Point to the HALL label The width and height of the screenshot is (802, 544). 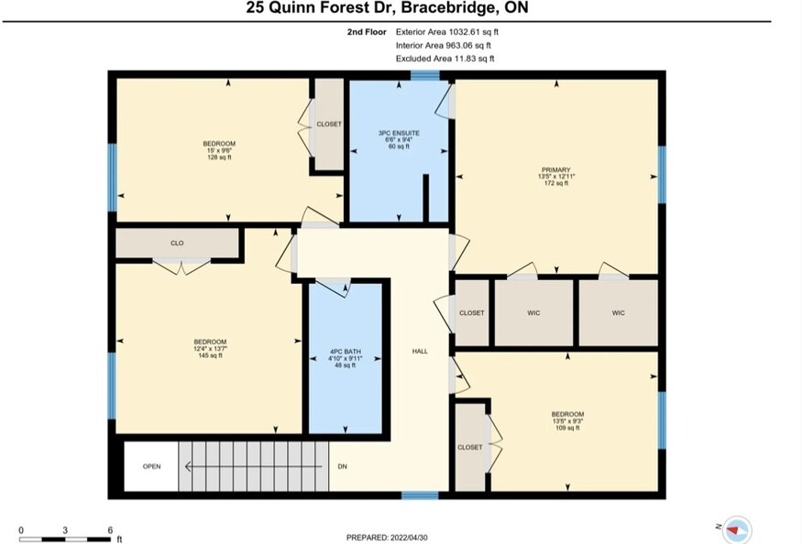[420, 352]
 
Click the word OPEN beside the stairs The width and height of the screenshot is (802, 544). [151, 466]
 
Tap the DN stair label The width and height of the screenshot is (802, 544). [342, 466]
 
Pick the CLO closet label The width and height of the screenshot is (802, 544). [177, 243]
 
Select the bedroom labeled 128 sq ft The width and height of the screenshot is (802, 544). [219, 150]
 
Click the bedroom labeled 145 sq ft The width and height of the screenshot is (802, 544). [210, 349]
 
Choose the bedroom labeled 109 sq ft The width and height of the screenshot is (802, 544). [567, 420]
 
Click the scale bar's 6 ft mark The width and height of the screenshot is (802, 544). [110, 530]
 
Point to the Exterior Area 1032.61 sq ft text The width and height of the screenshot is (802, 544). [447, 32]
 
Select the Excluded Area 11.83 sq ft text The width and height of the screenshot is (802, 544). [445, 59]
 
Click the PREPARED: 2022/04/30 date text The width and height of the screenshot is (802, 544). [387, 538]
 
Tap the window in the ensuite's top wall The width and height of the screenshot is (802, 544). [425, 76]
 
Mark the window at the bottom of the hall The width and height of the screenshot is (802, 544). [420, 495]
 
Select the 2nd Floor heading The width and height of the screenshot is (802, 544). [367, 32]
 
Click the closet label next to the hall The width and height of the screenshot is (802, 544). [472, 313]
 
